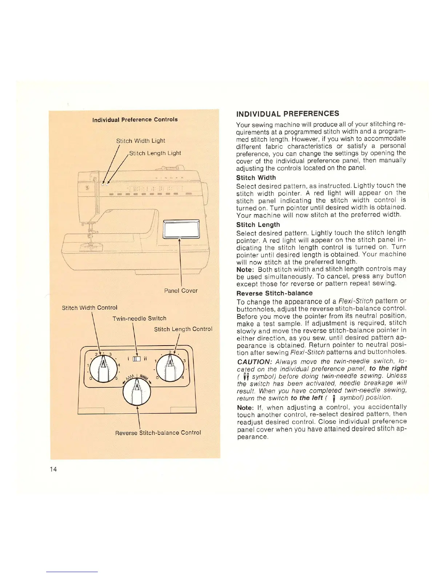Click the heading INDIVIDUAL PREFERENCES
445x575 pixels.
coord(288,114)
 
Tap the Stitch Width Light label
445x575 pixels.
coord(140,141)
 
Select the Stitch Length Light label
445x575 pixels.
coord(155,153)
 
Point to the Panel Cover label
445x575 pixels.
coord(181,291)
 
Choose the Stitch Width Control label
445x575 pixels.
coord(89,308)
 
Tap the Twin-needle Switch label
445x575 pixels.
coord(139,318)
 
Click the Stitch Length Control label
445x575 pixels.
coord(183,329)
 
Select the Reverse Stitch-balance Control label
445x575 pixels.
coord(158,433)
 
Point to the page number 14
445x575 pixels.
coord(53,469)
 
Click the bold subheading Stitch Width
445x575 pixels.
coord(256,178)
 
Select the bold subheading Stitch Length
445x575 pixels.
coord(258,225)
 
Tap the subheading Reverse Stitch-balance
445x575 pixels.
coord(274,293)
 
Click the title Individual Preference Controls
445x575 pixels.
coord(135,120)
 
